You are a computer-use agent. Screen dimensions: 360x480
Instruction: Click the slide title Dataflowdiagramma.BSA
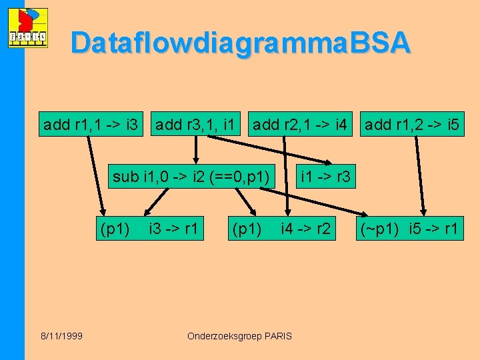[x=240, y=43]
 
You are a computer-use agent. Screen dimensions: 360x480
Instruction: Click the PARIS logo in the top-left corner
[x=27, y=28]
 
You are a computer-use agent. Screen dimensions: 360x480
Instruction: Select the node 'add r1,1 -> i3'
[x=90, y=125]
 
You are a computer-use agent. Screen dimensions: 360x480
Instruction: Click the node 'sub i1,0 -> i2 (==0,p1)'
[x=191, y=177]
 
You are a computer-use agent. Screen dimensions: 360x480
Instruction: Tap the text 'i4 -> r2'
[x=305, y=229]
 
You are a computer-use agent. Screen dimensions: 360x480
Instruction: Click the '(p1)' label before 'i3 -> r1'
[x=115, y=229]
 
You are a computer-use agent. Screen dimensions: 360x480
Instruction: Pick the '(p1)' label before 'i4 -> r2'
[x=247, y=229]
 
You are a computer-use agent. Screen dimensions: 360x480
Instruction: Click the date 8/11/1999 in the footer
[x=61, y=336]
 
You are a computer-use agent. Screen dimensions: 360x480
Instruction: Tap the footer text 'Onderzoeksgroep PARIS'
[x=240, y=336]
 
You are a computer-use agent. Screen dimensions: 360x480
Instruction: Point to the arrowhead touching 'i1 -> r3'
[x=327, y=162]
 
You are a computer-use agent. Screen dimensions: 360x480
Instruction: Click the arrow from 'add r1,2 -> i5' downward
[x=421, y=173]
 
